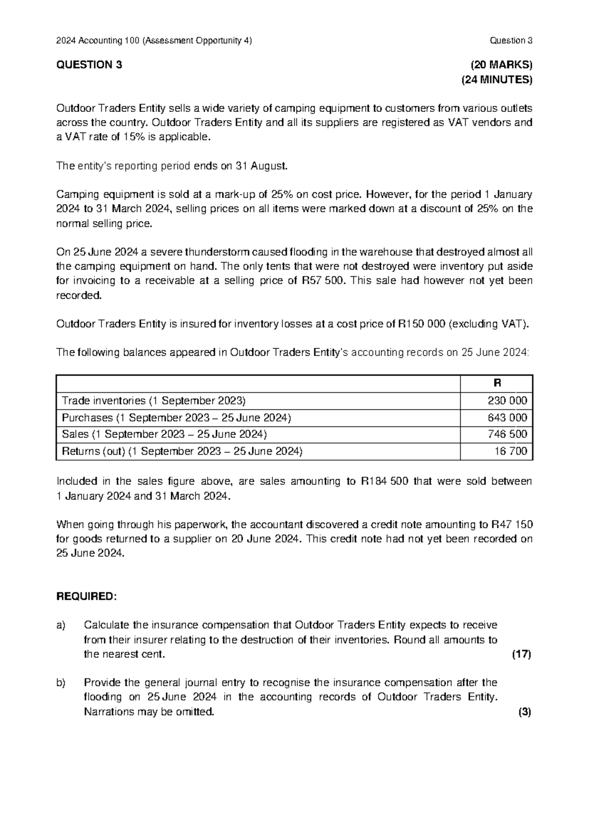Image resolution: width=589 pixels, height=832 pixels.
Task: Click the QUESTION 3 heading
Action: click(89, 65)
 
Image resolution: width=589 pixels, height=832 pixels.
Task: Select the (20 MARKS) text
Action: click(501, 65)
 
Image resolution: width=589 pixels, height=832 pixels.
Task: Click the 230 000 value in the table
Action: click(507, 401)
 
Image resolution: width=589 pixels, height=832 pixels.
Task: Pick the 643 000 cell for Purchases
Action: click(507, 417)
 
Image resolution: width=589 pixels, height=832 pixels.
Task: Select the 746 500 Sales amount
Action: click(507, 434)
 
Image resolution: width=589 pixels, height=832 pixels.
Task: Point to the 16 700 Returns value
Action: click(510, 451)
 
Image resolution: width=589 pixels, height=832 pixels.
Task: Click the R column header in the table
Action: click(497, 383)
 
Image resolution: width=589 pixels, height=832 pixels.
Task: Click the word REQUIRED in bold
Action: click(86, 597)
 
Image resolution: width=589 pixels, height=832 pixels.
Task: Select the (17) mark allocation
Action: click(521, 654)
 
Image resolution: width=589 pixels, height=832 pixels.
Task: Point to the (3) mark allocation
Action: click(524, 712)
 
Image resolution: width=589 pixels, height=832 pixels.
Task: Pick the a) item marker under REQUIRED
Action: click(61, 625)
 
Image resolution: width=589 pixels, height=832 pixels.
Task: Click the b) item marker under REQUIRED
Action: click(61, 683)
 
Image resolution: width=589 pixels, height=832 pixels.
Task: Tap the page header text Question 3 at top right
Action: click(510, 41)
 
